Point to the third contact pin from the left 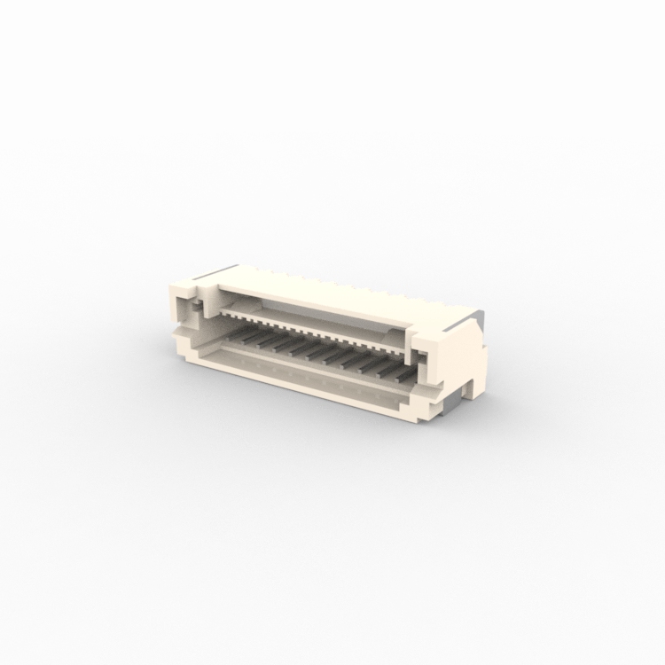pyautogui.click(x=283, y=344)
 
